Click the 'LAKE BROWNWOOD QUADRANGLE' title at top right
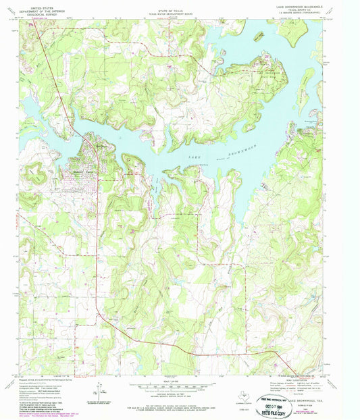click(x=303, y=5)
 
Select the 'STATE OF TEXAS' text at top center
click(x=180, y=5)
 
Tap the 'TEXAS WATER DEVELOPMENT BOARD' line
click(x=180, y=8)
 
